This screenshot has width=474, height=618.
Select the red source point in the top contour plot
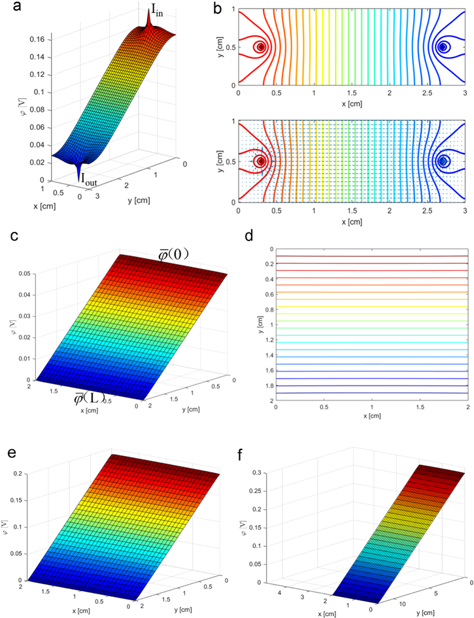[x=261, y=47]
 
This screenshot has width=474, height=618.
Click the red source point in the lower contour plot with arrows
[x=261, y=161]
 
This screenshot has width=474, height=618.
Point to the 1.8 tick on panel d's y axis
[x=267, y=386]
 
